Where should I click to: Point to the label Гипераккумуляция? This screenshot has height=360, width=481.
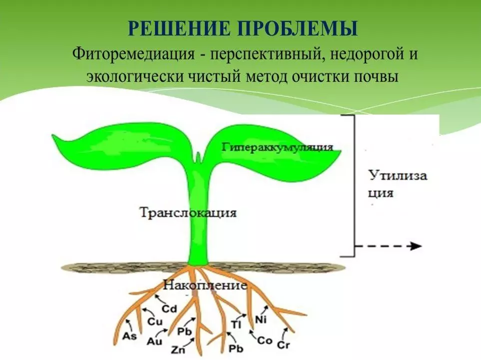(x=277, y=147)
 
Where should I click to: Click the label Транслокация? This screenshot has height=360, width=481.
(x=187, y=212)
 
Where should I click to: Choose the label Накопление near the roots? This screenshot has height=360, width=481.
(x=205, y=286)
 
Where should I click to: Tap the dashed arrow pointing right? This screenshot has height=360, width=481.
(x=388, y=246)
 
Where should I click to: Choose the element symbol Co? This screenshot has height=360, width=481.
(x=265, y=341)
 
